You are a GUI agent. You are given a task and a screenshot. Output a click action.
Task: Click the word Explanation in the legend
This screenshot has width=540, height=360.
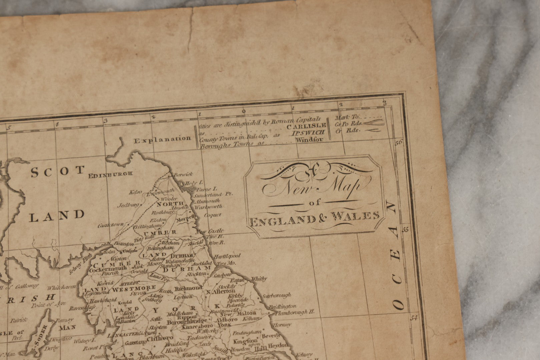162,140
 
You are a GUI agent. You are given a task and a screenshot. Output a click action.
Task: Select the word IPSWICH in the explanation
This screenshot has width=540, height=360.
309,133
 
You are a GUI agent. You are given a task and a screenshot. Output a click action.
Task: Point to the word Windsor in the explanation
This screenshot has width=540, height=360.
309,140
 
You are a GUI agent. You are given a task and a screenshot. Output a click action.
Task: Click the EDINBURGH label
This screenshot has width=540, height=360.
111,174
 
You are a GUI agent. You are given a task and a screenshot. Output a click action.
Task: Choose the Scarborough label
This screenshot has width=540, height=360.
277,295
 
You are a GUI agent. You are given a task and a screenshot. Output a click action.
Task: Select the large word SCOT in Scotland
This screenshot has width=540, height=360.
57,172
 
